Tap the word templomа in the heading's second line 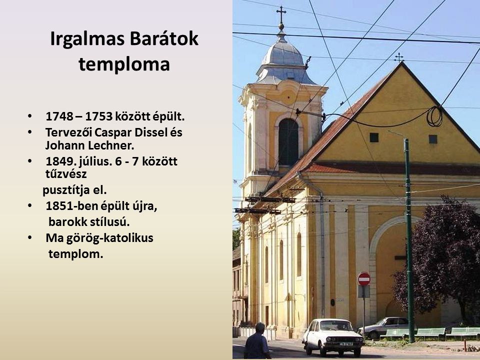tap(124, 64)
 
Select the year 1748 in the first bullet tap(59, 116)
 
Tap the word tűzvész tap(66, 174)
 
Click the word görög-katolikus tap(99, 238)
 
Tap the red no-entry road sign tap(364, 279)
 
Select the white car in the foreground tap(333, 336)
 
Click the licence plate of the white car tap(346, 344)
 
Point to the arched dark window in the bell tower tap(288, 141)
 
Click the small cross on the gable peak tap(398, 57)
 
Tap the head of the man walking tap(260, 328)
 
